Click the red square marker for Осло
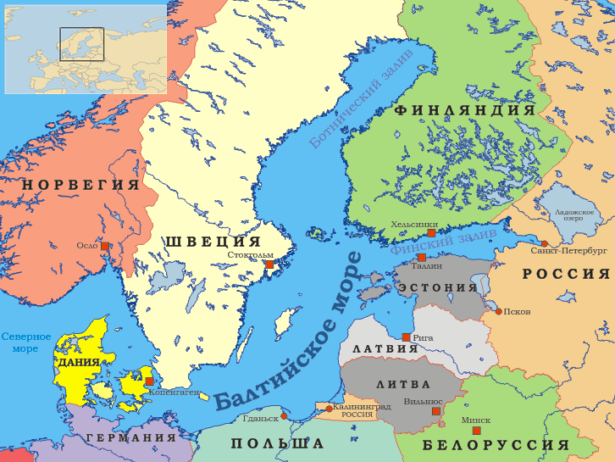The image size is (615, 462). click(x=105, y=246)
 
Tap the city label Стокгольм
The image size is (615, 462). click(x=250, y=254)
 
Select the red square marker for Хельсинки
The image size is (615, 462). click(x=431, y=232)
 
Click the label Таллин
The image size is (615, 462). click(x=429, y=266)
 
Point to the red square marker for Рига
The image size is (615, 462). click(x=407, y=337)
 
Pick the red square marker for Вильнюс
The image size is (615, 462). click(x=436, y=411)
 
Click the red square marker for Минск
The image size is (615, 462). click(x=476, y=431)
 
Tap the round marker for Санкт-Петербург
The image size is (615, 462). click(x=545, y=243)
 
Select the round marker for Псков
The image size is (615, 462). click(x=498, y=311)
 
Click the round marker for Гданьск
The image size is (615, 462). click(x=283, y=416)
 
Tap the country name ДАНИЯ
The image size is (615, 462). click(x=79, y=362)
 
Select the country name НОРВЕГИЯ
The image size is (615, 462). click(x=80, y=185)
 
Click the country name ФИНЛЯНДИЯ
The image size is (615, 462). click(x=464, y=110)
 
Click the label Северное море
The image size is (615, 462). click(x=25, y=342)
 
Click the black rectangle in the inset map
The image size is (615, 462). click(x=81, y=44)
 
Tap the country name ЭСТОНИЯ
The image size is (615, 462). click(x=438, y=287)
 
